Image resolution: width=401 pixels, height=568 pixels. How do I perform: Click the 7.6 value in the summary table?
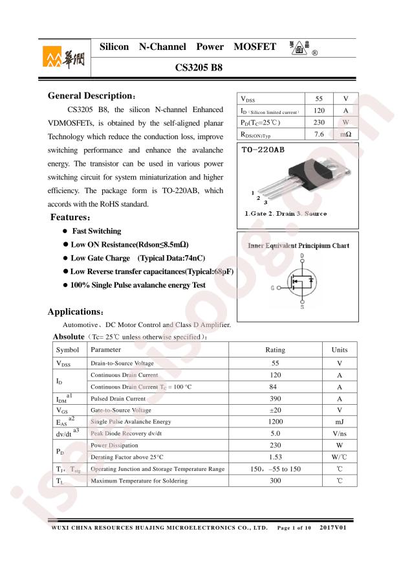pyautogui.click(x=318, y=134)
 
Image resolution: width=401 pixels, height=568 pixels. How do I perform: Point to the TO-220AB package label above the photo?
pyautogui.click(x=262, y=150)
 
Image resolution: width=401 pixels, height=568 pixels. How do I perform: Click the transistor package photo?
pyautogui.click(x=311, y=174)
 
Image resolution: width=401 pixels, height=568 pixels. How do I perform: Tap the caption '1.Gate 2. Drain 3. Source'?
pyautogui.click(x=285, y=214)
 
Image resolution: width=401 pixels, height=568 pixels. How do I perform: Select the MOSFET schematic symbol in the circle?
pyautogui.click(x=301, y=282)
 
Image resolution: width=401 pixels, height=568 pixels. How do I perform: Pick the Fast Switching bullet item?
pyautogui.click(x=96, y=231)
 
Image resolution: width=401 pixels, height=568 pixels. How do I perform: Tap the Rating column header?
pyautogui.click(x=275, y=350)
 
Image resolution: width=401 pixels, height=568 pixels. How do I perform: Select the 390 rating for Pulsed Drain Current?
pyautogui.click(x=275, y=398)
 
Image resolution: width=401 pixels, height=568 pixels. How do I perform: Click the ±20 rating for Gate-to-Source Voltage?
pyautogui.click(x=275, y=410)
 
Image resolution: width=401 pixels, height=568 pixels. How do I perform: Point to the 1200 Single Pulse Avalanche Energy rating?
pyautogui.click(x=275, y=422)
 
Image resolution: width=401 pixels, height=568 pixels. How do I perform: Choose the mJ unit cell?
pyautogui.click(x=339, y=422)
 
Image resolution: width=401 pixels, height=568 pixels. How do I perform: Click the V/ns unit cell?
pyautogui.click(x=339, y=433)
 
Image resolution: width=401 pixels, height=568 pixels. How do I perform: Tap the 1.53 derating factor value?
pyautogui.click(x=275, y=457)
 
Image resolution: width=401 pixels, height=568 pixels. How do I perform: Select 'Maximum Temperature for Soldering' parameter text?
pyautogui.click(x=139, y=481)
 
